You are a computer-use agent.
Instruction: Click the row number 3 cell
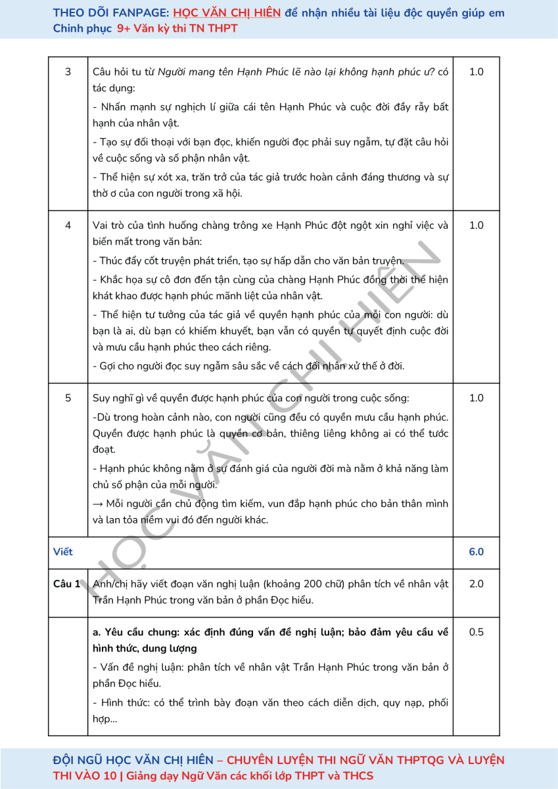pos(68,72)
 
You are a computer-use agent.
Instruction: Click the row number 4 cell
pos(68,226)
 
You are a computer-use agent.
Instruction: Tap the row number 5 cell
pos(68,398)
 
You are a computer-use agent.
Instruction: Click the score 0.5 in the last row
pos(476,633)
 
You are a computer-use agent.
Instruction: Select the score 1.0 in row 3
pos(476,72)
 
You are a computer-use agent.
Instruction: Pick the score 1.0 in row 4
pos(476,226)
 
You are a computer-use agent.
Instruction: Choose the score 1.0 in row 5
pos(476,398)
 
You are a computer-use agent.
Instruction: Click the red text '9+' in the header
pos(124,29)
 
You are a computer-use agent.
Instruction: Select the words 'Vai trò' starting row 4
pos(109,226)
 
